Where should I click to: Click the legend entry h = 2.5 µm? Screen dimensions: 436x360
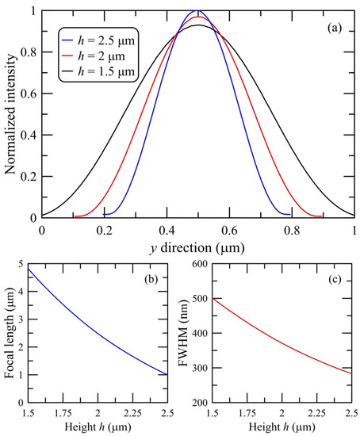pyautogui.click(x=96, y=40)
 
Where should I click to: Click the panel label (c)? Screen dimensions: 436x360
pyautogui.click(x=335, y=278)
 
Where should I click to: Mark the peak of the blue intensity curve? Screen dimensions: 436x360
pyautogui.click(x=197, y=11)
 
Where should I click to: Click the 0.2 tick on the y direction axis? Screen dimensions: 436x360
pyautogui.click(x=104, y=227)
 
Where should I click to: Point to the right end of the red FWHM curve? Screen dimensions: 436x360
pyautogui.click(x=350, y=373)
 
